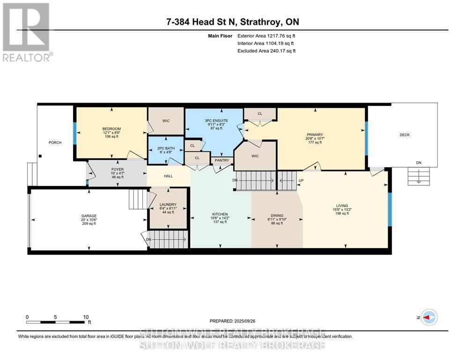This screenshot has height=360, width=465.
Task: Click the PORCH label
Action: pyautogui.click(x=55, y=142)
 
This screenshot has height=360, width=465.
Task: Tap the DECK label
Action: pyautogui.click(x=405, y=135)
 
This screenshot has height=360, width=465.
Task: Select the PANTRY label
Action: pyautogui.click(x=221, y=161)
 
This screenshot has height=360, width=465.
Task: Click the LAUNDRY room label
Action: pyautogui.click(x=168, y=204)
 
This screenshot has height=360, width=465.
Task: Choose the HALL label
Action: pyautogui.click(x=169, y=177)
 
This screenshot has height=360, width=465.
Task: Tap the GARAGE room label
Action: pyautogui.click(x=89, y=216)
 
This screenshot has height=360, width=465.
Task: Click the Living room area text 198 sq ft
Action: pyautogui.click(x=342, y=213)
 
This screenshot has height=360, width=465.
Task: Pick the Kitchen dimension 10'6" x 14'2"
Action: pyautogui.click(x=220, y=217)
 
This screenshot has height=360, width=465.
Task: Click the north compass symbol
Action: pyautogui.click(x=429, y=318)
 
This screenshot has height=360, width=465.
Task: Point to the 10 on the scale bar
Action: pyautogui.click(x=86, y=317)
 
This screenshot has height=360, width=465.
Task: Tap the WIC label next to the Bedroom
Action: pyautogui.click(x=166, y=121)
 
